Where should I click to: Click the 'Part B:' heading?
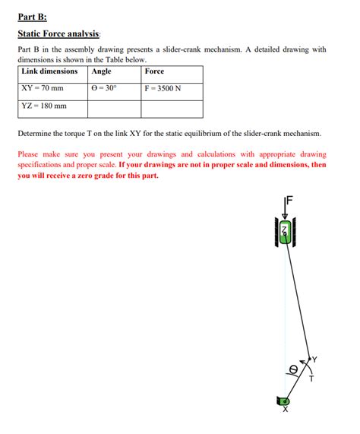(x=33, y=17)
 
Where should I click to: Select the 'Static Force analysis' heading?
(x=58, y=33)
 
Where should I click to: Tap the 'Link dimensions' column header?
(x=49, y=71)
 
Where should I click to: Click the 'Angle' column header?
(x=101, y=71)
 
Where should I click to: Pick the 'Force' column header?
(x=154, y=71)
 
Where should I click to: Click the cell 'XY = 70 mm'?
(x=43, y=88)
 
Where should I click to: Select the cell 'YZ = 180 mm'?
(x=44, y=106)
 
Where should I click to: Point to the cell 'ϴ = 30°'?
(x=104, y=88)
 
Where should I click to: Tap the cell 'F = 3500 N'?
(x=163, y=88)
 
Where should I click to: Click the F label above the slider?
(x=289, y=200)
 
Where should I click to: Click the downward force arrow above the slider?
(x=285, y=207)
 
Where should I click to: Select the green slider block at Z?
(x=285, y=232)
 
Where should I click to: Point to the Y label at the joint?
(x=314, y=360)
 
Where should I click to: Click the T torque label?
(x=311, y=379)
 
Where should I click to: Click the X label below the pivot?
(x=286, y=409)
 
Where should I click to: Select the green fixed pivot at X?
(x=283, y=401)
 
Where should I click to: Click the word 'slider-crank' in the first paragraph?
(x=182, y=49)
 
